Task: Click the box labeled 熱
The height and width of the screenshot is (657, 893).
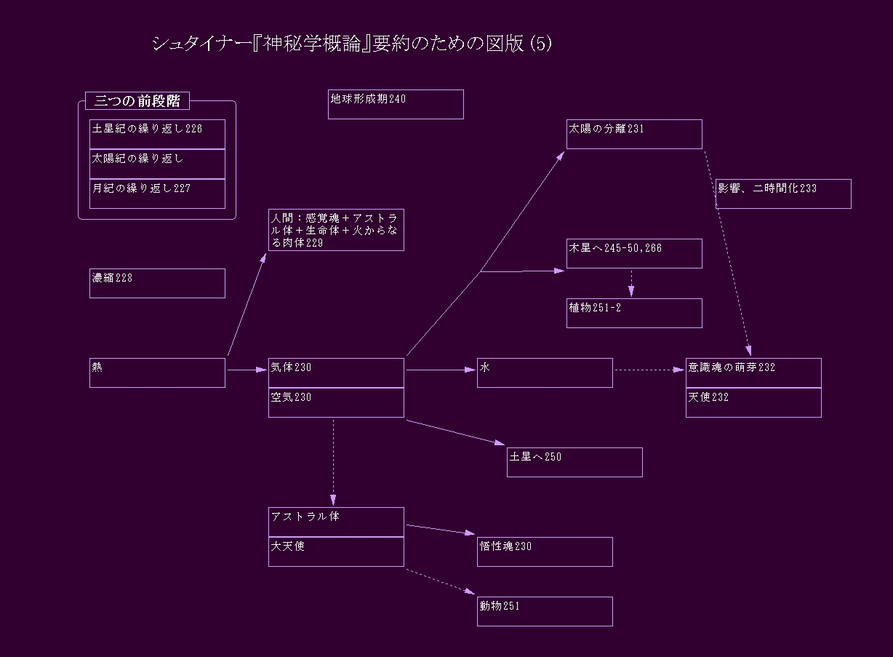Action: pyautogui.click(x=157, y=373)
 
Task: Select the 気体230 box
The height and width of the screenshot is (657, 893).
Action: pyautogui.click(x=336, y=373)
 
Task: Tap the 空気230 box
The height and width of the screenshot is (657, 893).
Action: pyautogui.click(x=336, y=402)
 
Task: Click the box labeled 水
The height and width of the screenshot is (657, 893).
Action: pyautogui.click(x=545, y=373)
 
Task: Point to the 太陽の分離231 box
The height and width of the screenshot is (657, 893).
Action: pyautogui.click(x=634, y=134)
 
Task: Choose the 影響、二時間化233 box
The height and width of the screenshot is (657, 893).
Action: pyautogui.click(x=783, y=194)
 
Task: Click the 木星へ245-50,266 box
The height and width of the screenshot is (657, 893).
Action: pyautogui.click(x=634, y=253)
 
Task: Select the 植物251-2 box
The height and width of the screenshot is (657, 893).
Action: pyautogui.click(x=634, y=313)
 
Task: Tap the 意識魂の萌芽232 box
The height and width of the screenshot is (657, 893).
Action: pyautogui.click(x=753, y=373)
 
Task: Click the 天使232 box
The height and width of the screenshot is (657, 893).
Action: pyautogui.click(x=753, y=402)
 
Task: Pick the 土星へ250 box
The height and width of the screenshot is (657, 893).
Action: pyautogui.click(x=574, y=462)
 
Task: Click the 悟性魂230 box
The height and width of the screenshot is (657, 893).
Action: pyautogui.click(x=545, y=552)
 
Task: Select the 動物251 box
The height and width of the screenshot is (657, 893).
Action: pyautogui.click(x=545, y=611)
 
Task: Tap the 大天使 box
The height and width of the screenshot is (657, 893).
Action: pyautogui.click(x=336, y=552)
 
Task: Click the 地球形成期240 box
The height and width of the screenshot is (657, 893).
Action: pyautogui.click(x=396, y=104)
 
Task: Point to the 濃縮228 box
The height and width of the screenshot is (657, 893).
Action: pyautogui.click(x=157, y=283)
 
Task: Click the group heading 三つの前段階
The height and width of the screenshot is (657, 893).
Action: pyautogui.click(x=137, y=101)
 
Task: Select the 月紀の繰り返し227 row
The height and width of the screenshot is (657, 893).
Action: pyautogui.click(x=157, y=194)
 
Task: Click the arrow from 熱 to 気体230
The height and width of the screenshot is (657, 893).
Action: pyautogui.click(x=247, y=370)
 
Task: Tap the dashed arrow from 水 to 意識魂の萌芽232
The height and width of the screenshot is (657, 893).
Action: pyautogui.click(x=649, y=370)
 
